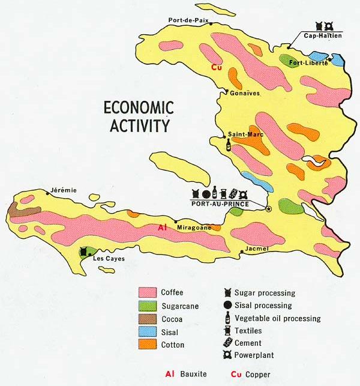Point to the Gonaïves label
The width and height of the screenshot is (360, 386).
tap(242, 93)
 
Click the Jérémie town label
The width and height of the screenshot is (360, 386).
tap(64, 190)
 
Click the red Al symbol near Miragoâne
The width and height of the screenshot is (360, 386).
tap(162, 228)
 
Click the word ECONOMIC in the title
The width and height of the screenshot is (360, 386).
tap(139, 108)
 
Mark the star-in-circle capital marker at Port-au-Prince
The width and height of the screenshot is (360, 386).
tap(268, 208)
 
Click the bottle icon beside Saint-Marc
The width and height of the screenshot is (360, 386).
tap(229, 145)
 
